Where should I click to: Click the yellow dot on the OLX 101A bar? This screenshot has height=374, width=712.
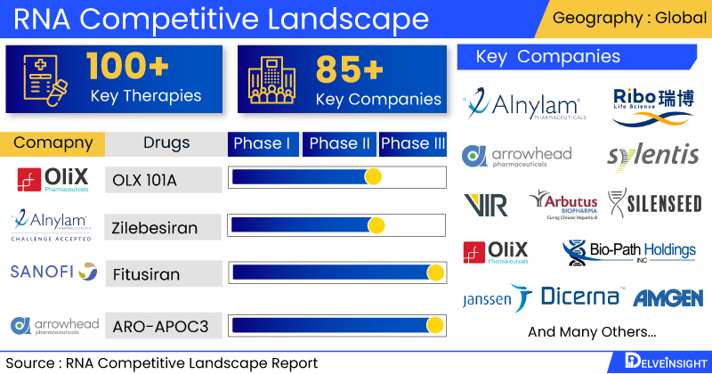coord(373,177)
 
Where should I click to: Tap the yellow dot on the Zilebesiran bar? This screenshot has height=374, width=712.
coord(376,224)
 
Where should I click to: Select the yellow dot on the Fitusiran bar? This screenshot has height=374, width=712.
coord(435,272)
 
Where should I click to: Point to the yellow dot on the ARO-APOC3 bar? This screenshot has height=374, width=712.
coord(435,325)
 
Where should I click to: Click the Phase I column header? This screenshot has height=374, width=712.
coord(263,143)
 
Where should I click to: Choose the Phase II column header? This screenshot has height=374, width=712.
coord(339,143)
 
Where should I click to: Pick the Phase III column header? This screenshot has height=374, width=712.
coord(413,143)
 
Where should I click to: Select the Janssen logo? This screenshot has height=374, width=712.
coord(497,298)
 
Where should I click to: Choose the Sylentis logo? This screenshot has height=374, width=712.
coord(653,155)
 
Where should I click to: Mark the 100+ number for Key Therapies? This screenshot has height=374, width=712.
coord(128,67)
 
